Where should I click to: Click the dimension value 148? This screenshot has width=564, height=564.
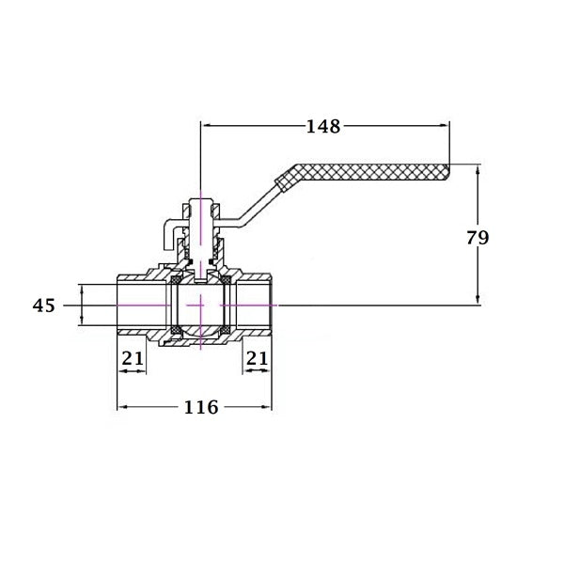tap(323, 127)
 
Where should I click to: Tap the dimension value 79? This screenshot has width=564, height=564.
tap(478, 238)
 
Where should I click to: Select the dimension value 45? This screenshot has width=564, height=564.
tap(44, 305)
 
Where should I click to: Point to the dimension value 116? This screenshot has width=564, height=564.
tap(201, 407)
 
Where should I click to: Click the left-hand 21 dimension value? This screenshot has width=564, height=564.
tap(133, 358)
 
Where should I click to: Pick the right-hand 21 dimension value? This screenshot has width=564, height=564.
tap(257, 358)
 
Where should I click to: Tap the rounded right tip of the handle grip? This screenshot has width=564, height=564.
tap(448, 172)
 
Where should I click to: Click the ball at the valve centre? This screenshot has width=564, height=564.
tap(201, 305)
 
